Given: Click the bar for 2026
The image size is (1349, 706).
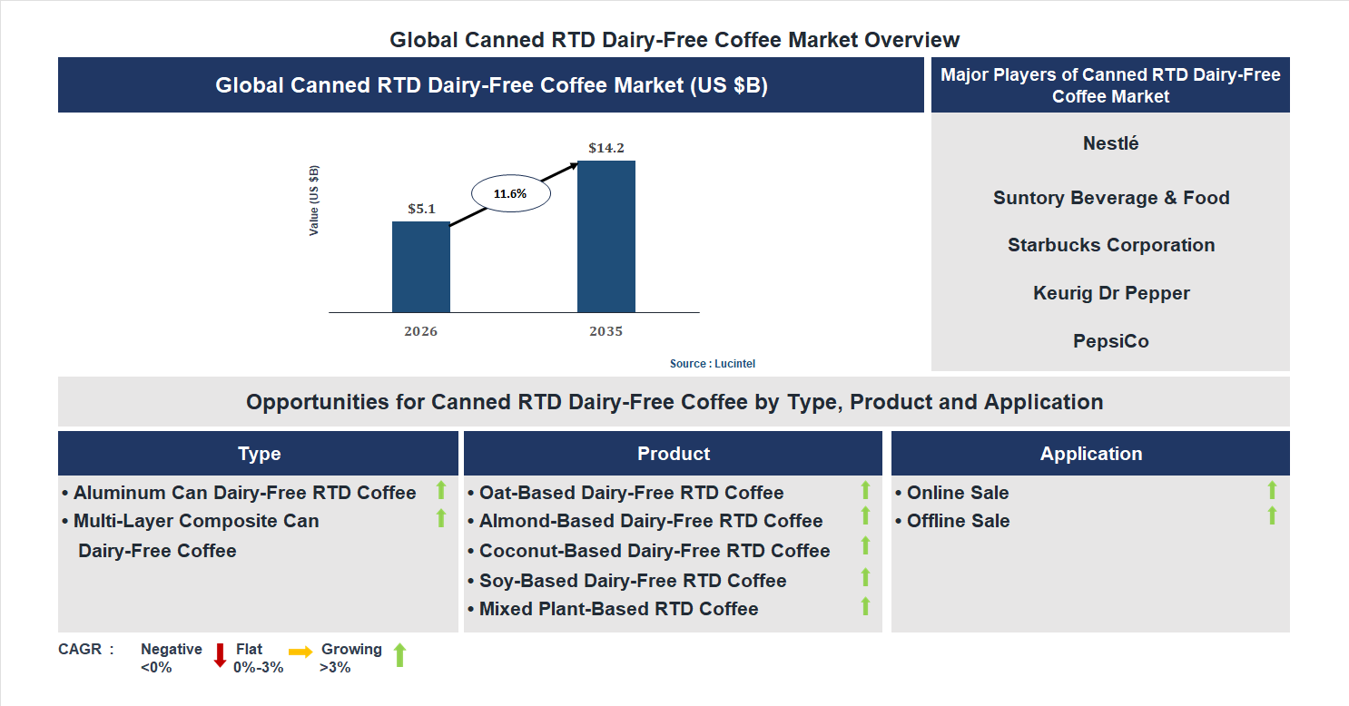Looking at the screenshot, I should pyautogui.click(x=420, y=267).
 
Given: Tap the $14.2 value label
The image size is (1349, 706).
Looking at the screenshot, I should pyautogui.click(x=606, y=147).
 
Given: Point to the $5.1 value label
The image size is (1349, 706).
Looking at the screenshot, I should pyautogui.click(x=421, y=209).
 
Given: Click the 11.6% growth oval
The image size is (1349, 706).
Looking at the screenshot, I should pyautogui.click(x=509, y=193).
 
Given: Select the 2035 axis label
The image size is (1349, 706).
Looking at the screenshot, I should pyautogui.click(x=606, y=331).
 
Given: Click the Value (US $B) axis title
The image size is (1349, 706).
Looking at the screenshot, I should pyautogui.click(x=314, y=201).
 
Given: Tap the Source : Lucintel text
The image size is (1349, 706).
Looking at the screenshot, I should pyautogui.click(x=712, y=364).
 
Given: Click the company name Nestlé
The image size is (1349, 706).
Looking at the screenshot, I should pyautogui.click(x=1110, y=143).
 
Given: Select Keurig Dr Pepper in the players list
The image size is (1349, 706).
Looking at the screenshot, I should pyautogui.click(x=1110, y=293).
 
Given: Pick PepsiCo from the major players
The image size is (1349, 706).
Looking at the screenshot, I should pyautogui.click(x=1110, y=341).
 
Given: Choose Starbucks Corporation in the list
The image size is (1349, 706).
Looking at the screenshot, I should pyautogui.click(x=1110, y=245).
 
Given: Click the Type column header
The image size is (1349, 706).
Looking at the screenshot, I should pyautogui.click(x=259, y=454).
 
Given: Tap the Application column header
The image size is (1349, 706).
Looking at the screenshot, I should pyautogui.click(x=1090, y=454).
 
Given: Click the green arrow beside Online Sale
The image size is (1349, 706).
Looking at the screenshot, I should pyautogui.click(x=1272, y=490).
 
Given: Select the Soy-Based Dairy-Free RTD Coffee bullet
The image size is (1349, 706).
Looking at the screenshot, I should pyautogui.click(x=632, y=581).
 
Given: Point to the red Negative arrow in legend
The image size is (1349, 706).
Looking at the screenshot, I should pyautogui.click(x=220, y=655).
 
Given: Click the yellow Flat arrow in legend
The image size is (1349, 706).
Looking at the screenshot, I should pyautogui.click(x=300, y=652).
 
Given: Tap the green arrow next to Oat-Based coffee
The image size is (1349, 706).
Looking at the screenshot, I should pyautogui.click(x=865, y=490).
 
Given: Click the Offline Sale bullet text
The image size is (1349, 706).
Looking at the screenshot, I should pyautogui.click(x=958, y=521).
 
